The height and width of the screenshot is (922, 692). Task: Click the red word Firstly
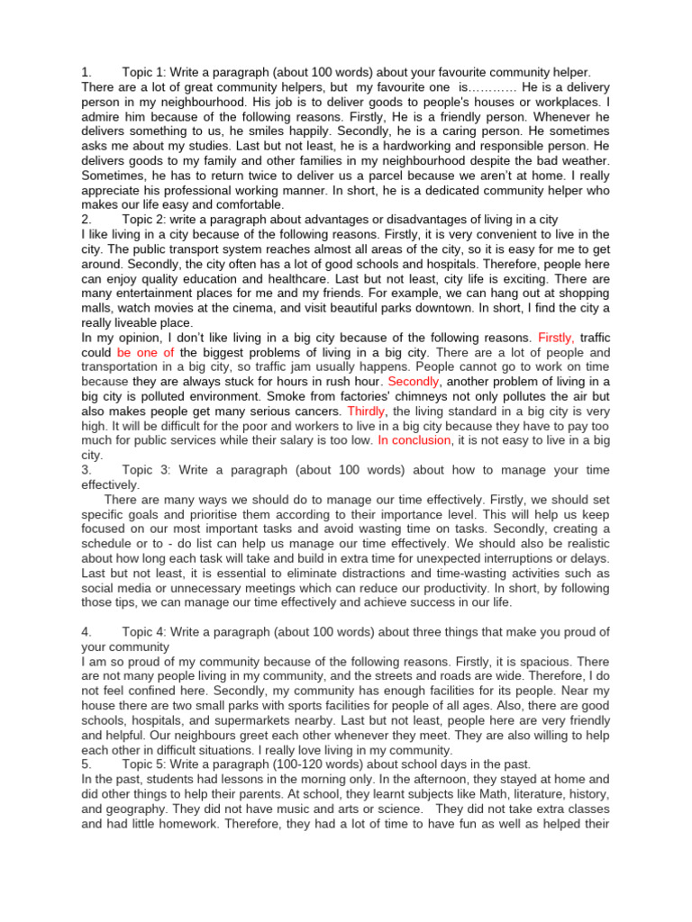point(555,338)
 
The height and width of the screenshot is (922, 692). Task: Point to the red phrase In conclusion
point(414,440)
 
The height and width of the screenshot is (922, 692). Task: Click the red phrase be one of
point(145,352)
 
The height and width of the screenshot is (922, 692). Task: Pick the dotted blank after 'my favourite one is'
point(494,87)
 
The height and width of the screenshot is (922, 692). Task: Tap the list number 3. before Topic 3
point(86,470)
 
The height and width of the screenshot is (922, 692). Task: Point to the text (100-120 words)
point(318,764)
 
